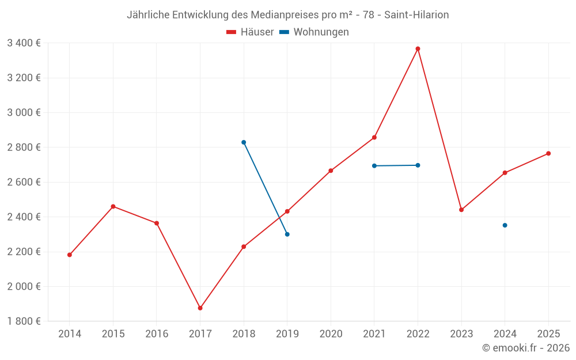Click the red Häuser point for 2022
point(418,49)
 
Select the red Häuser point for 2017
point(200,308)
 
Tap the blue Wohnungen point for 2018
point(244,142)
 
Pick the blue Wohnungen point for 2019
point(287,234)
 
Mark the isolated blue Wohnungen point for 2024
point(505,225)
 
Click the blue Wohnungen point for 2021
point(374,166)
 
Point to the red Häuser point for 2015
point(113,206)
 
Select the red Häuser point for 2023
point(461,210)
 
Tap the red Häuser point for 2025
point(548,153)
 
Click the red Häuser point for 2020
point(331,170)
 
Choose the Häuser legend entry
point(250,32)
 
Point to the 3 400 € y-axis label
point(24,43)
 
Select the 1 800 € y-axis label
point(24,321)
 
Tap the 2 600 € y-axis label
point(24,182)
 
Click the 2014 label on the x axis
point(70,334)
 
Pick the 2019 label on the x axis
point(287,334)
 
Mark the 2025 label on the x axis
point(548,334)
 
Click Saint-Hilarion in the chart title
point(416,15)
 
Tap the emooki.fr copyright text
point(525,348)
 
